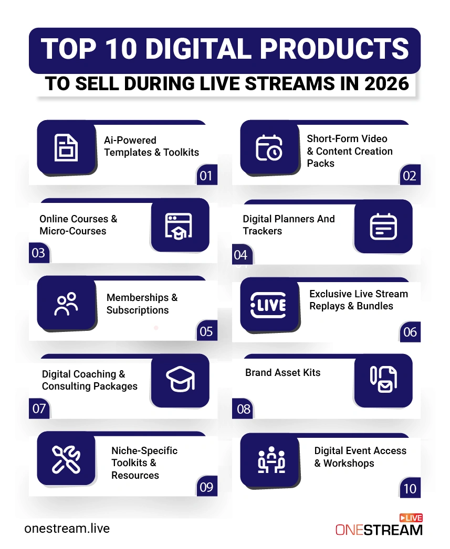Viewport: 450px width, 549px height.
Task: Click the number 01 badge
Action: pyautogui.click(x=206, y=176)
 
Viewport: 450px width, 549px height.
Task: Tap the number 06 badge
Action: pyautogui.click(x=410, y=332)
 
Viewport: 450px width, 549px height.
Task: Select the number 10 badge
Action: pyautogui.click(x=410, y=489)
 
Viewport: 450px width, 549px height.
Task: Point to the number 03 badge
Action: pyautogui.click(x=38, y=253)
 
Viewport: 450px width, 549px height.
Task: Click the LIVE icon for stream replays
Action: pyautogui.click(x=269, y=305)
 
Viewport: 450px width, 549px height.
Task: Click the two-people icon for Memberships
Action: pyautogui.click(x=66, y=304)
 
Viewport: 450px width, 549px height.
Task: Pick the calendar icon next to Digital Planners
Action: pyautogui.click(x=383, y=227)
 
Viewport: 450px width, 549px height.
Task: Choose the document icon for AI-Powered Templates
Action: pyautogui.click(x=66, y=148)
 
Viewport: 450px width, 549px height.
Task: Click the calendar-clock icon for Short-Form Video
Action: pyautogui.click(x=269, y=148)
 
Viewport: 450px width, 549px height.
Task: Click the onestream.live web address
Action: pyautogui.click(x=67, y=528)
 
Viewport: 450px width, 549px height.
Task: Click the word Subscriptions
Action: pyautogui.click(x=138, y=310)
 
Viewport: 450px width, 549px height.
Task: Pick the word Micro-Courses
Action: pyautogui.click(x=72, y=231)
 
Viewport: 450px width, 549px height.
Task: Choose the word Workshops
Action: pyautogui.click(x=349, y=463)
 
